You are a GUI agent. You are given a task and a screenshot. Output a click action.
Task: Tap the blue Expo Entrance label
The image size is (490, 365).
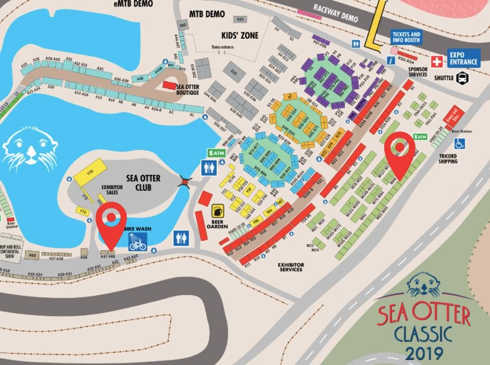(x=464, y=58)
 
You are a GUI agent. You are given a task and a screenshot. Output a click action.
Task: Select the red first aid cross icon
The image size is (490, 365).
(x=436, y=61)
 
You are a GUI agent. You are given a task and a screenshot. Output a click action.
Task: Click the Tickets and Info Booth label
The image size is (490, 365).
(x=406, y=37)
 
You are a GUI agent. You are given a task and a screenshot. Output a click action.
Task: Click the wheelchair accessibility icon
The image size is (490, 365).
(x=459, y=143)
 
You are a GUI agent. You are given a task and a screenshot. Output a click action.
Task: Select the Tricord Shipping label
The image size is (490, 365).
(x=448, y=159)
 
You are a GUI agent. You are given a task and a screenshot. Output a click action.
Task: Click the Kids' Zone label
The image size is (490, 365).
(x=240, y=36)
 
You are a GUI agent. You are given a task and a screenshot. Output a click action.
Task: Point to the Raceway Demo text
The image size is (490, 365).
(x=335, y=13)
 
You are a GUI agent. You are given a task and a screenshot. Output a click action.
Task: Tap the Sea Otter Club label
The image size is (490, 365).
(x=143, y=182)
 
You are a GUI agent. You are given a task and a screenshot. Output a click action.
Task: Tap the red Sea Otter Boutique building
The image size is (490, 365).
(x=169, y=84)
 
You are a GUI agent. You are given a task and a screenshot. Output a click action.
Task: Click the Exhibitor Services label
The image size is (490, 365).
(x=291, y=267)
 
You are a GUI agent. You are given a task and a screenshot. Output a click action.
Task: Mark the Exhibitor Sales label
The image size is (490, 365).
(x=112, y=190)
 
